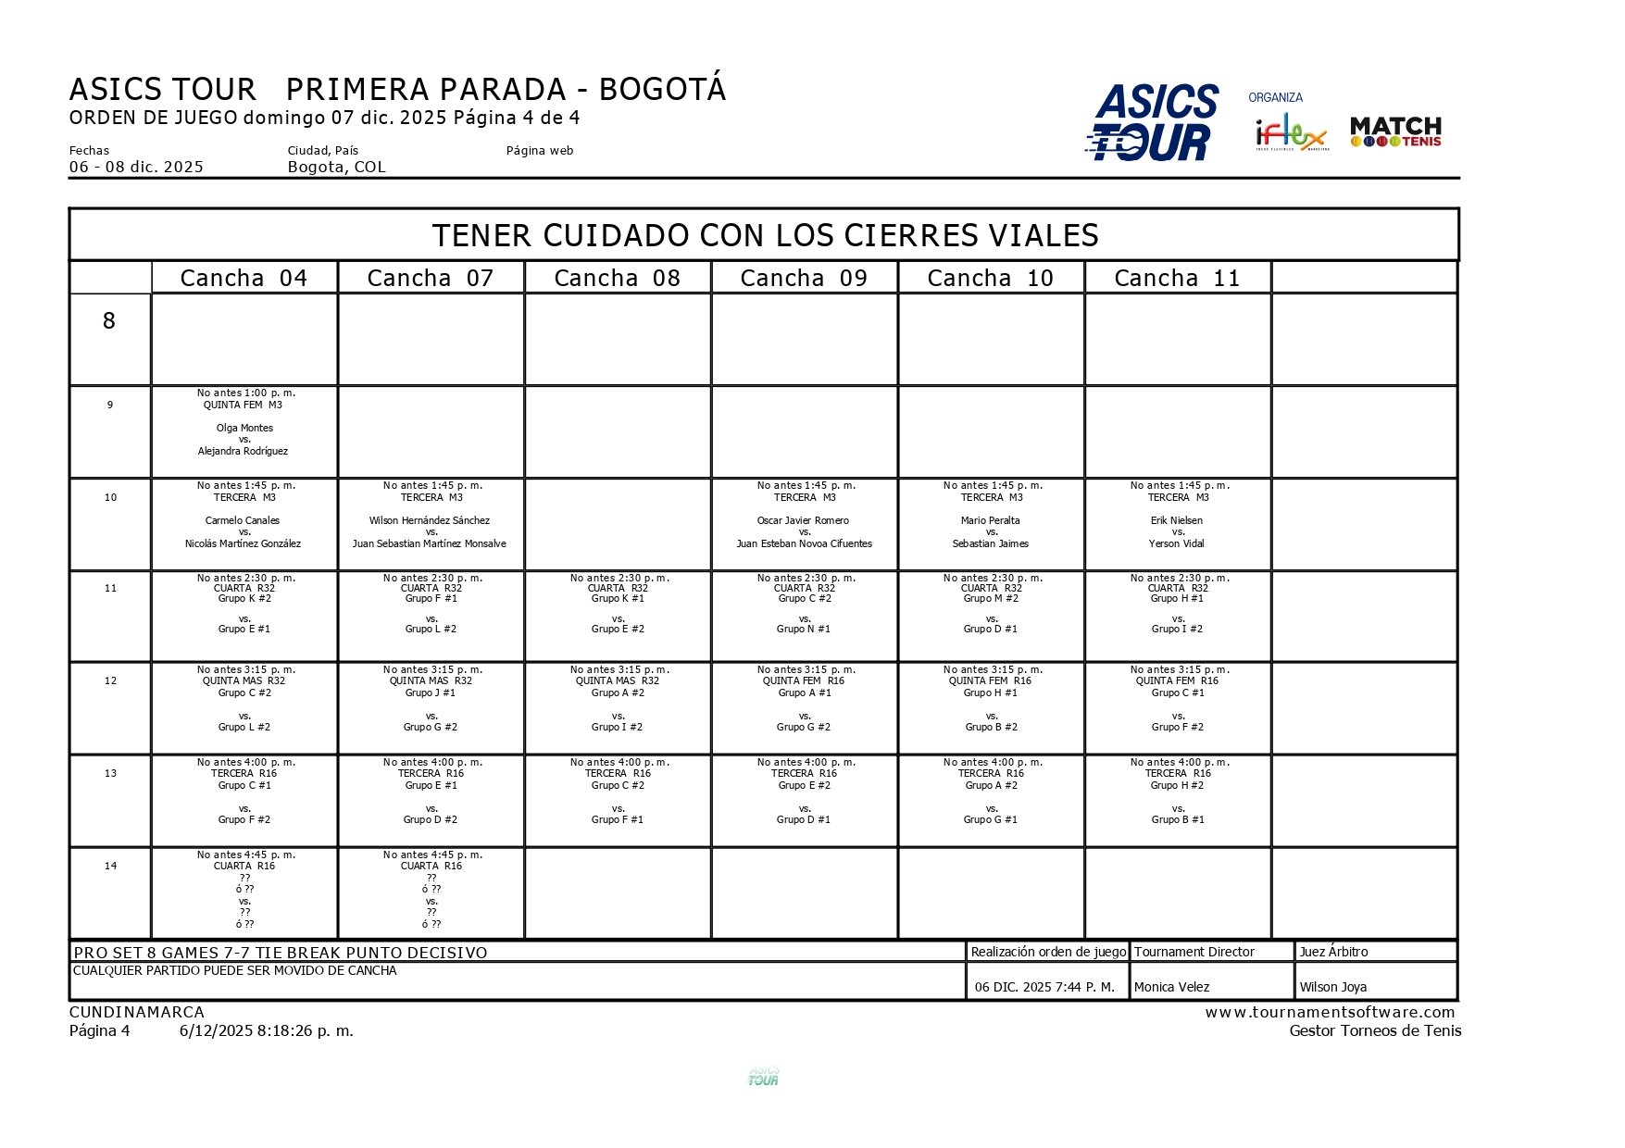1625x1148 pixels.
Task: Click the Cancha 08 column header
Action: (x=617, y=278)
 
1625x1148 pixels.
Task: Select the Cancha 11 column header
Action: (x=1176, y=278)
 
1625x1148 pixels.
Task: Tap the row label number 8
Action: (x=109, y=321)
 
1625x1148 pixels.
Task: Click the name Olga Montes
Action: (x=244, y=428)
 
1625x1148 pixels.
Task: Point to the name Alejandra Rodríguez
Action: (x=243, y=451)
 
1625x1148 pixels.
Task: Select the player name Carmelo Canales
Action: (x=243, y=520)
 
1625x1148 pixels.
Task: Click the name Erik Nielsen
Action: (x=1177, y=520)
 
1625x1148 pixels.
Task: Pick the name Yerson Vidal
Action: (x=1177, y=543)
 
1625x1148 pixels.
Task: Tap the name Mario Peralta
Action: (x=990, y=520)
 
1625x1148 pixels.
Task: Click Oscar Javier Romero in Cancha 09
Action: (x=803, y=520)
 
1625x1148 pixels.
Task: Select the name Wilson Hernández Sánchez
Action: (x=430, y=520)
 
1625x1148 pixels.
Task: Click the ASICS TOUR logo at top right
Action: (x=1152, y=122)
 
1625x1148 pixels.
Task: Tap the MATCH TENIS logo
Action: (x=1395, y=131)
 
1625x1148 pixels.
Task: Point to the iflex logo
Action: (x=1291, y=134)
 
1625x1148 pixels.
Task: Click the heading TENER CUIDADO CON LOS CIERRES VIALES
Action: (x=765, y=235)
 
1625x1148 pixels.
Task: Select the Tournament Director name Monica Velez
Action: (x=1171, y=987)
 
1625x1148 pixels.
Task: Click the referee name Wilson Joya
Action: (x=1332, y=987)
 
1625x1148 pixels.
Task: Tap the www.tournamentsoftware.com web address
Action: (x=1330, y=1012)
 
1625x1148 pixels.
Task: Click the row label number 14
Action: (x=110, y=866)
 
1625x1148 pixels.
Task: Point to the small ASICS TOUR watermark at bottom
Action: (x=763, y=1076)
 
